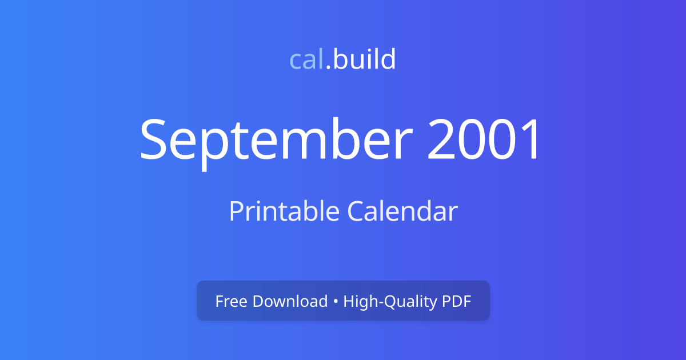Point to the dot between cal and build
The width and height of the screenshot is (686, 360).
[x=328, y=67]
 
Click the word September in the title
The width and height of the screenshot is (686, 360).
[x=276, y=142]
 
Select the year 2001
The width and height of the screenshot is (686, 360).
[x=483, y=139]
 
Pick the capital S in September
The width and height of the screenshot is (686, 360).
[x=153, y=139]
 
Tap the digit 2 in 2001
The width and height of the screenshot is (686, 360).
[x=440, y=139]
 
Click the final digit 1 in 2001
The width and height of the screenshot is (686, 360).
[x=531, y=139]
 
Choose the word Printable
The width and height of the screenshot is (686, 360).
[x=284, y=211]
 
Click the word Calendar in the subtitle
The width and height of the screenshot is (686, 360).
[x=402, y=211]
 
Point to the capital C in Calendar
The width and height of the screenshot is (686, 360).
[x=355, y=211]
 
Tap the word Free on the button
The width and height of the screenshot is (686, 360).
[x=231, y=301]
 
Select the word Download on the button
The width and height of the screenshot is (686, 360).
[x=290, y=301]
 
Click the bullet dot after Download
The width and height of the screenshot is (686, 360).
[x=336, y=301]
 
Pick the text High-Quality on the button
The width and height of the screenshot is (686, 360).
[x=390, y=302]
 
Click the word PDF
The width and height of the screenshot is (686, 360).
[x=456, y=301]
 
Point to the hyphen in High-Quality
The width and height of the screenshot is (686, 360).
[x=380, y=302]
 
